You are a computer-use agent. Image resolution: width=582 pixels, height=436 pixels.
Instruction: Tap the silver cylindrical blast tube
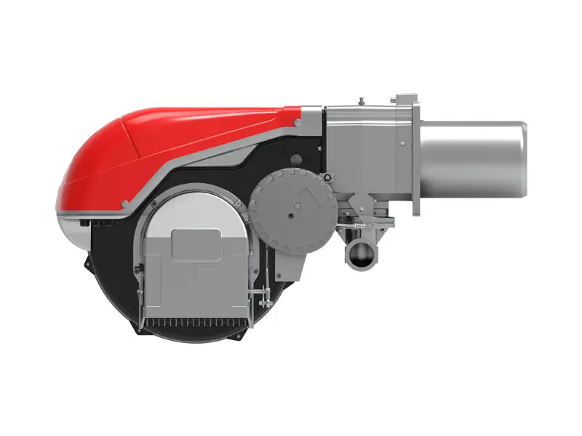click(473, 159)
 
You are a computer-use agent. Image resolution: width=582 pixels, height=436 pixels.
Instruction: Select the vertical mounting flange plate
click(415, 159)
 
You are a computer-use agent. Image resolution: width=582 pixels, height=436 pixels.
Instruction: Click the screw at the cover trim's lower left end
click(125, 204)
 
